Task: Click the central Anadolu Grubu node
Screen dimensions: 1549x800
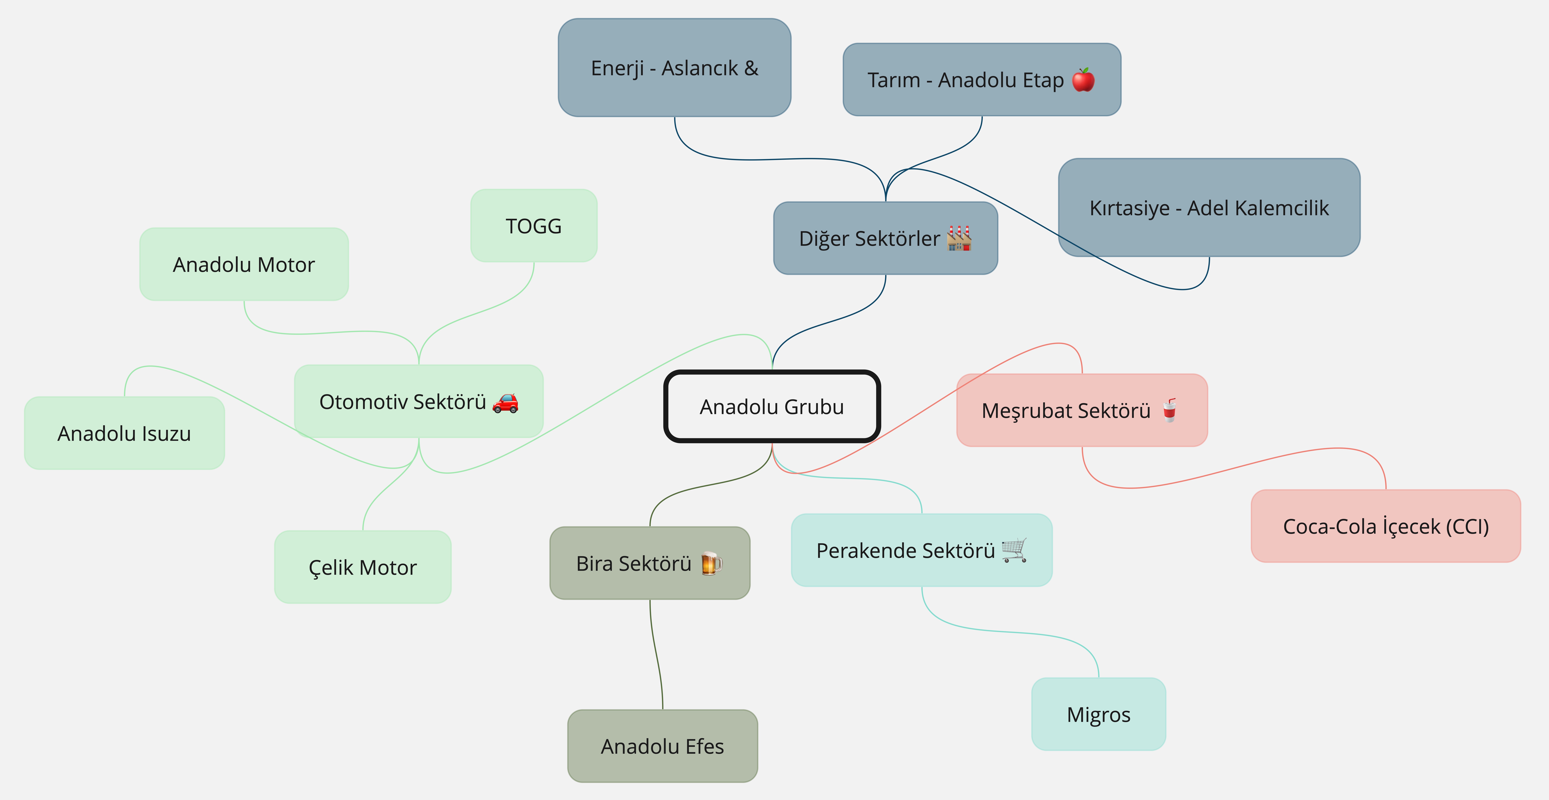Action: click(772, 407)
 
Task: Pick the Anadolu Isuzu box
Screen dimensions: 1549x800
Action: click(124, 433)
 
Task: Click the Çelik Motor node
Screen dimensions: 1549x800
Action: click(363, 567)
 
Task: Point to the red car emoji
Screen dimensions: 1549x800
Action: click(505, 402)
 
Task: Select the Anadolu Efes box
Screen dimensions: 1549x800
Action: click(663, 746)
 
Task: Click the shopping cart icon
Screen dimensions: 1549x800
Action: click(1014, 550)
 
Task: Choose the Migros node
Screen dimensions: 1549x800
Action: click(1099, 714)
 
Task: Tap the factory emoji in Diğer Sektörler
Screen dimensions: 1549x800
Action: click(959, 238)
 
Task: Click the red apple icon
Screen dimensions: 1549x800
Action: click(1084, 79)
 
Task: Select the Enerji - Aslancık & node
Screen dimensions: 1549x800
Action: click(675, 67)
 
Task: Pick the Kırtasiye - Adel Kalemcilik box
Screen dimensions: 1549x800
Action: click(1209, 208)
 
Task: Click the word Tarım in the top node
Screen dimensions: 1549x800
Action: click(894, 80)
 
